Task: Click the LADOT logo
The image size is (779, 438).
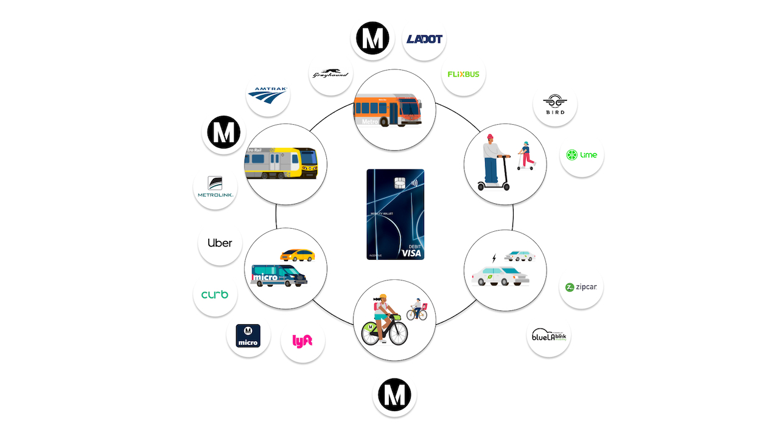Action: (x=425, y=39)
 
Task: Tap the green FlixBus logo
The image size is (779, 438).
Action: (x=463, y=74)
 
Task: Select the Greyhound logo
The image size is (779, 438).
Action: (x=331, y=74)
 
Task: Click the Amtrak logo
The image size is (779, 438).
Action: (x=268, y=94)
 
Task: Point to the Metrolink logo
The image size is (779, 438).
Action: (x=215, y=187)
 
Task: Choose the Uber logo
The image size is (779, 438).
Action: (x=220, y=243)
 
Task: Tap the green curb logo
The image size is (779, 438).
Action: (x=215, y=294)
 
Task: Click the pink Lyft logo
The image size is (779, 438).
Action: (x=302, y=341)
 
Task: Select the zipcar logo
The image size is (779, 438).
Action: (x=581, y=287)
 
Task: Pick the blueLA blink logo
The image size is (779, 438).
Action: (x=548, y=335)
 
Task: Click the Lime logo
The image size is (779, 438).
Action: (x=582, y=155)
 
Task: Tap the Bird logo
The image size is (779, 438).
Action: (x=554, y=104)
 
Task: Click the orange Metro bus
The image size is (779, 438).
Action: (x=388, y=110)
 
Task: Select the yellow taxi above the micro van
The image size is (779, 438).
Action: (x=298, y=254)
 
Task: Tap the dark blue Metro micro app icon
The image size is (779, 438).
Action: (x=248, y=336)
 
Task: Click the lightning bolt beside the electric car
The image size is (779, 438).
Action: (x=494, y=259)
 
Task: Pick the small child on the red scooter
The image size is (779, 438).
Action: (x=525, y=156)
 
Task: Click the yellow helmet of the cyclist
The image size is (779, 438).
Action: (x=383, y=298)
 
